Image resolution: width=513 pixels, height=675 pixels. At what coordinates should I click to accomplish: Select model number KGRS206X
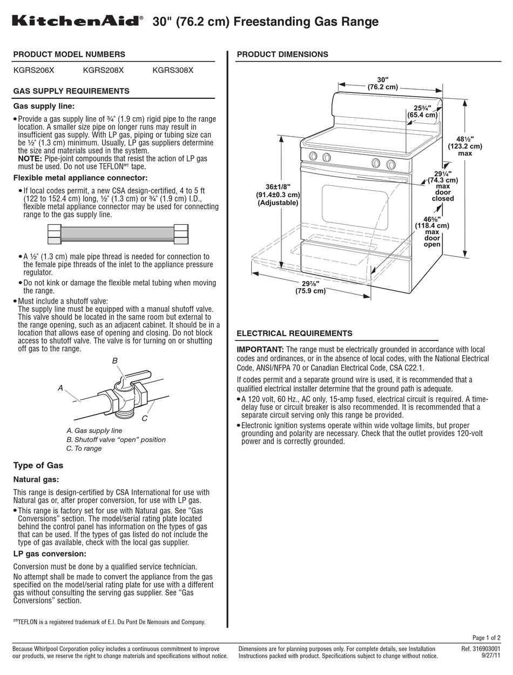[x=33, y=70]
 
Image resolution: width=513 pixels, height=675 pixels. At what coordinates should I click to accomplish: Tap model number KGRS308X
[x=173, y=70]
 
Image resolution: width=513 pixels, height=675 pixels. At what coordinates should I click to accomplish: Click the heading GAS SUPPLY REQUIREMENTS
[x=71, y=91]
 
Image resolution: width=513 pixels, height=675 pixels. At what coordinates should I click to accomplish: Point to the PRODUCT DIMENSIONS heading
[x=282, y=54]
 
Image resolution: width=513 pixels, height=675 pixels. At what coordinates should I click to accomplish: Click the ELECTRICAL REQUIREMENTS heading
[x=294, y=333]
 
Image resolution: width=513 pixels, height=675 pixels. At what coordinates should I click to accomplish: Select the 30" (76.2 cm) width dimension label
[x=382, y=83]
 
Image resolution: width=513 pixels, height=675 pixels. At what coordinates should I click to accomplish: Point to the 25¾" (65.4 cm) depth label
[x=422, y=111]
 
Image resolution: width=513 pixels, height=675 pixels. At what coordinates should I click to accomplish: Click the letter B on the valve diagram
[x=114, y=360]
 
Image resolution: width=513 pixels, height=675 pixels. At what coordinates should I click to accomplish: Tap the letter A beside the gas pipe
[x=60, y=388]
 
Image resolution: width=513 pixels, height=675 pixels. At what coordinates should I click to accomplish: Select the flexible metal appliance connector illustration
[x=118, y=234]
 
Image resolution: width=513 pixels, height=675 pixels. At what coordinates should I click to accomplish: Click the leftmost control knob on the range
[x=312, y=157]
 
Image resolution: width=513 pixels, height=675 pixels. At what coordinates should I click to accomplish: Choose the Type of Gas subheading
[x=38, y=465]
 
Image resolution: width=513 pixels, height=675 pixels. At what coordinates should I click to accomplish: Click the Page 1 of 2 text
[x=486, y=637]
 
